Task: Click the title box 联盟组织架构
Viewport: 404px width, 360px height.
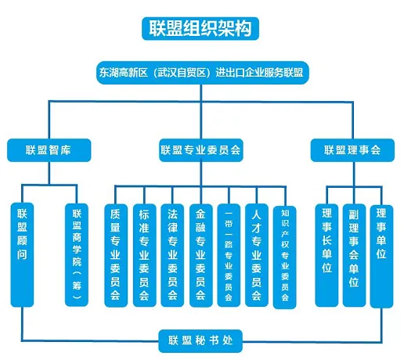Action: click(200, 28)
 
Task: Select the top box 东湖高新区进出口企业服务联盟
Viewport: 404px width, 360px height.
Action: click(203, 73)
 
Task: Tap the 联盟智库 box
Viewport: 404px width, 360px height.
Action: click(49, 150)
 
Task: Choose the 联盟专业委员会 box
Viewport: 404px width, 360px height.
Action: click(201, 150)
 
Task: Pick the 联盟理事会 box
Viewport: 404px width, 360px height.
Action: click(352, 150)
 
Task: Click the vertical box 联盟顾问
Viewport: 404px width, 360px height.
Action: click(22, 254)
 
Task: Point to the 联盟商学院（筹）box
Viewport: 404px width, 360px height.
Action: click(77, 254)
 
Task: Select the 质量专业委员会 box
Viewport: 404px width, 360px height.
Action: click(116, 255)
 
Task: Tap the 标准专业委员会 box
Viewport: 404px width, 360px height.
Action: click(144, 255)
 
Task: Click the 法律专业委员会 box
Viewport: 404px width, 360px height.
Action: click(172, 255)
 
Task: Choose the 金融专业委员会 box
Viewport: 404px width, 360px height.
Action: click(200, 255)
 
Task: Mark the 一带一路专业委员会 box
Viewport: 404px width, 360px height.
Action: click(229, 255)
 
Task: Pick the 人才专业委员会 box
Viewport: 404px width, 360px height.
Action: click(257, 255)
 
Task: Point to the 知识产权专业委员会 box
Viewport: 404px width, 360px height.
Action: click(285, 257)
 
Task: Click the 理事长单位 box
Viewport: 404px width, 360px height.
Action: click(326, 255)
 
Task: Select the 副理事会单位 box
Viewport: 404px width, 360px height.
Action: click(354, 255)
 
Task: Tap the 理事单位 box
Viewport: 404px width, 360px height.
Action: click(381, 257)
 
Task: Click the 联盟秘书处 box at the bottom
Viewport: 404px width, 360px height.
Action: click(200, 341)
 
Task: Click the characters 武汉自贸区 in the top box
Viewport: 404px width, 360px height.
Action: click(182, 73)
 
